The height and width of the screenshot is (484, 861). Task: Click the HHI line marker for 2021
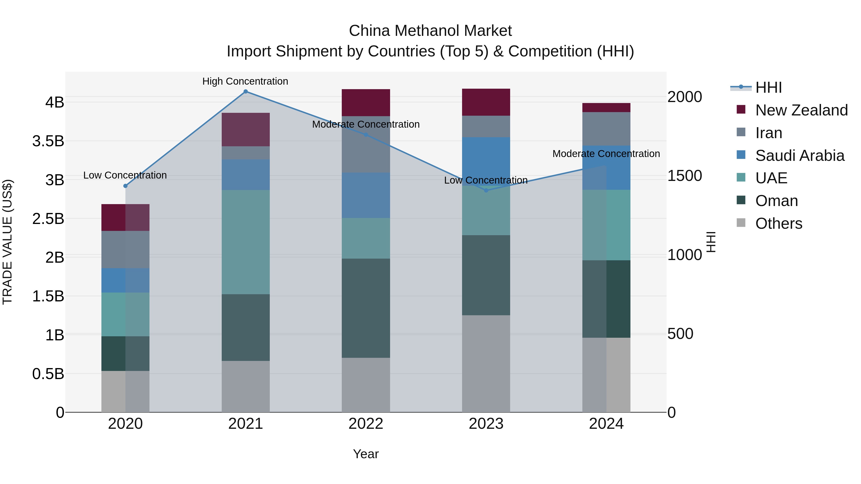[246, 92]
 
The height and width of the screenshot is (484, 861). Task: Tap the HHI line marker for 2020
[125, 186]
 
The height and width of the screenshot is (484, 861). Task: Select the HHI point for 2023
[486, 190]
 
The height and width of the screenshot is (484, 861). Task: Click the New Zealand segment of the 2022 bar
[366, 103]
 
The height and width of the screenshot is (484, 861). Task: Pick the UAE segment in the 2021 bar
[246, 242]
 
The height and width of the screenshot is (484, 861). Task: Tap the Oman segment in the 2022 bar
[366, 308]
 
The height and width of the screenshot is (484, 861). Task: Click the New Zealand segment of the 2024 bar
[606, 108]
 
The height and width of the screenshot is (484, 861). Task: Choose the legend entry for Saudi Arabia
[800, 156]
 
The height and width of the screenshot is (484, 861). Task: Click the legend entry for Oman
[776, 201]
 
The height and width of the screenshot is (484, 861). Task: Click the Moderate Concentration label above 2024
[606, 154]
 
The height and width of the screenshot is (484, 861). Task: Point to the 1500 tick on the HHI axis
[684, 176]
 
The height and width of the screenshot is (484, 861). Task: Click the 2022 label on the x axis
[366, 424]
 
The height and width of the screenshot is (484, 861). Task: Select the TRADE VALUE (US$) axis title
[7, 242]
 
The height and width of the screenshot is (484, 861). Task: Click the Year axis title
[366, 454]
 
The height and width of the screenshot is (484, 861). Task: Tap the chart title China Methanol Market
[430, 31]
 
